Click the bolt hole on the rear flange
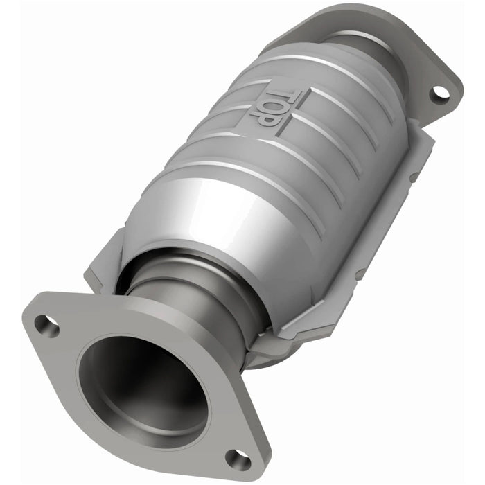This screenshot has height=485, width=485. (x=439, y=92)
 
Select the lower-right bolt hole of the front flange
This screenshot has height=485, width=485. (x=238, y=458)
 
